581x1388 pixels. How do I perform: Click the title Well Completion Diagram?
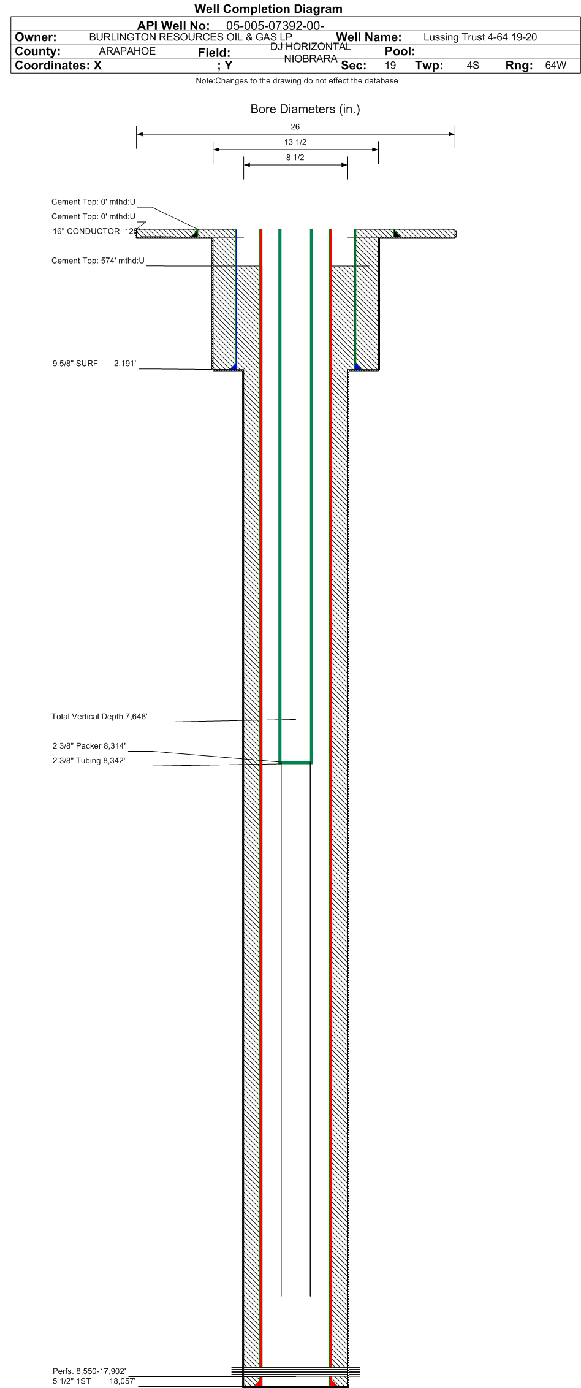click(268, 9)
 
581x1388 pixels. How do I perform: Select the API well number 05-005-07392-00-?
click(275, 26)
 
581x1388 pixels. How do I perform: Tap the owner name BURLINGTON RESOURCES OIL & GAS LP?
click(191, 37)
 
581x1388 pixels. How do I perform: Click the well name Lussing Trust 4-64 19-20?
click(480, 37)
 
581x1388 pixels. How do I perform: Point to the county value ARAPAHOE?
click(127, 51)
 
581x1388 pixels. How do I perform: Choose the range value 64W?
click(556, 65)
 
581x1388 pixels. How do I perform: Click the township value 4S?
click(473, 65)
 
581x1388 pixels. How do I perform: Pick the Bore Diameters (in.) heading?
click(305, 109)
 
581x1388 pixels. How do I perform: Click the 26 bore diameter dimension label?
click(295, 127)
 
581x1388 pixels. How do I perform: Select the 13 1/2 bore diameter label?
click(295, 142)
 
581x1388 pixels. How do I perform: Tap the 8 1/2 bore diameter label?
click(295, 158)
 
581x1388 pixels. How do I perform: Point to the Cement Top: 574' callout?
click(98, 261)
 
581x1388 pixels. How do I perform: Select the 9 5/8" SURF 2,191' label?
click(94, 364)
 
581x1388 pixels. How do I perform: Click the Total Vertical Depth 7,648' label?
click(99, 717)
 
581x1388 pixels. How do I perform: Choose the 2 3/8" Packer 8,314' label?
click(89, 746)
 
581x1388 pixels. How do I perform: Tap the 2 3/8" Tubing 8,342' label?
click(89, 761)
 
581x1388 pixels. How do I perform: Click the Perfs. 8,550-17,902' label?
click(89, 1371)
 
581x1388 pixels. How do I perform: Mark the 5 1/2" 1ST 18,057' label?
click(94, 1381)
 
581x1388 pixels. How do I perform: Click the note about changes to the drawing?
click(297, 81)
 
